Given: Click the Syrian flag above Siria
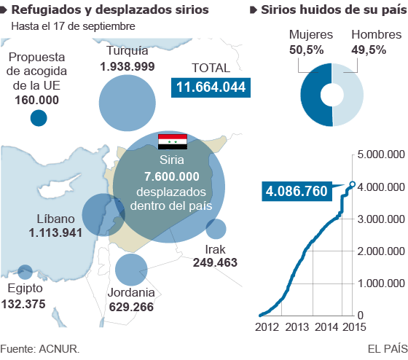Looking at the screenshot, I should click(173, 141).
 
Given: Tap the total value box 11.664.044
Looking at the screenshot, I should click(209, 87).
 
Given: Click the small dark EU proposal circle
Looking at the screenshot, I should click(38, 117).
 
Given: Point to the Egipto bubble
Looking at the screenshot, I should click(25, 272).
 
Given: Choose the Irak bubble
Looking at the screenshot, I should click(216, 229).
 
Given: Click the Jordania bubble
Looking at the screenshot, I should click(131, 269).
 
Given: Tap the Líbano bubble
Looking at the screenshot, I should click(103, 214).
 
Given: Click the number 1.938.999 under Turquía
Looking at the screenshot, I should click(127, 66).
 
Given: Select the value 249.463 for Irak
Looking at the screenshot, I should click(216, 262).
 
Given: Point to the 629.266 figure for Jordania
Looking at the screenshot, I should click(131, 307).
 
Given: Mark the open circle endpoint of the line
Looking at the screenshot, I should click(353, 184).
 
